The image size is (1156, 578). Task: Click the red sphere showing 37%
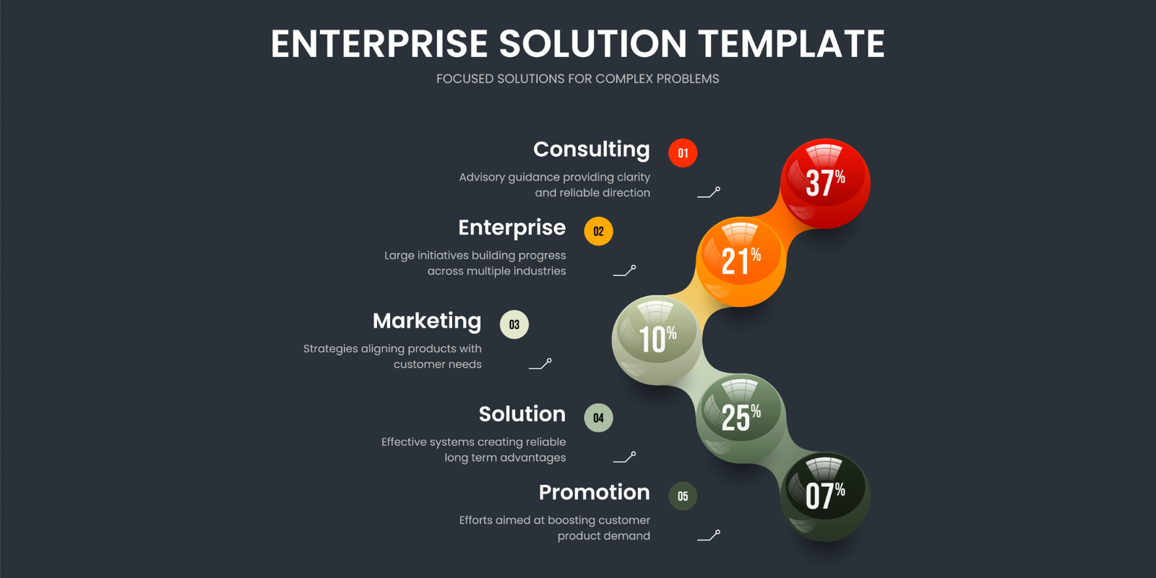click(825, 184)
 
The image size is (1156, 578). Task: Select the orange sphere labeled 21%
click(741, 262)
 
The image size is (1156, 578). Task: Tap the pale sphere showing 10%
click(657, 340)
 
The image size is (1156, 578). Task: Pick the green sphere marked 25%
click(741, 418)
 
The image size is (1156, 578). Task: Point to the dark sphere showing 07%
click(825, 497)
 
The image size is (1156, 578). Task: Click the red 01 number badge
click(683, 152)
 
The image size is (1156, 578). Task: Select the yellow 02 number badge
click(599, 231)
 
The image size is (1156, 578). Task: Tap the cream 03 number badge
click(514, 324)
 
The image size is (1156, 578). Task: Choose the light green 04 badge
click(599, 418)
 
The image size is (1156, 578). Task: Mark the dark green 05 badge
click(683, 496)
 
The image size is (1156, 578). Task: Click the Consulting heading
click(592, 150)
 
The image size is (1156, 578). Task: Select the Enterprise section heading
click(512, 228)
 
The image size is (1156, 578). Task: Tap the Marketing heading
click(427, 322)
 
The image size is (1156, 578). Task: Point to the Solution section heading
click(522, 414)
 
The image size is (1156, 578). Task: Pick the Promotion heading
click(595, 492)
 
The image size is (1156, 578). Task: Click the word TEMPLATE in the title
click(792, 43)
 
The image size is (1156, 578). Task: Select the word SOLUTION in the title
click(593, 43)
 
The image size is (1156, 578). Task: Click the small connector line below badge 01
click(709, 193)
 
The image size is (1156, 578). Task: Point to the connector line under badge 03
click(540, 364)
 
